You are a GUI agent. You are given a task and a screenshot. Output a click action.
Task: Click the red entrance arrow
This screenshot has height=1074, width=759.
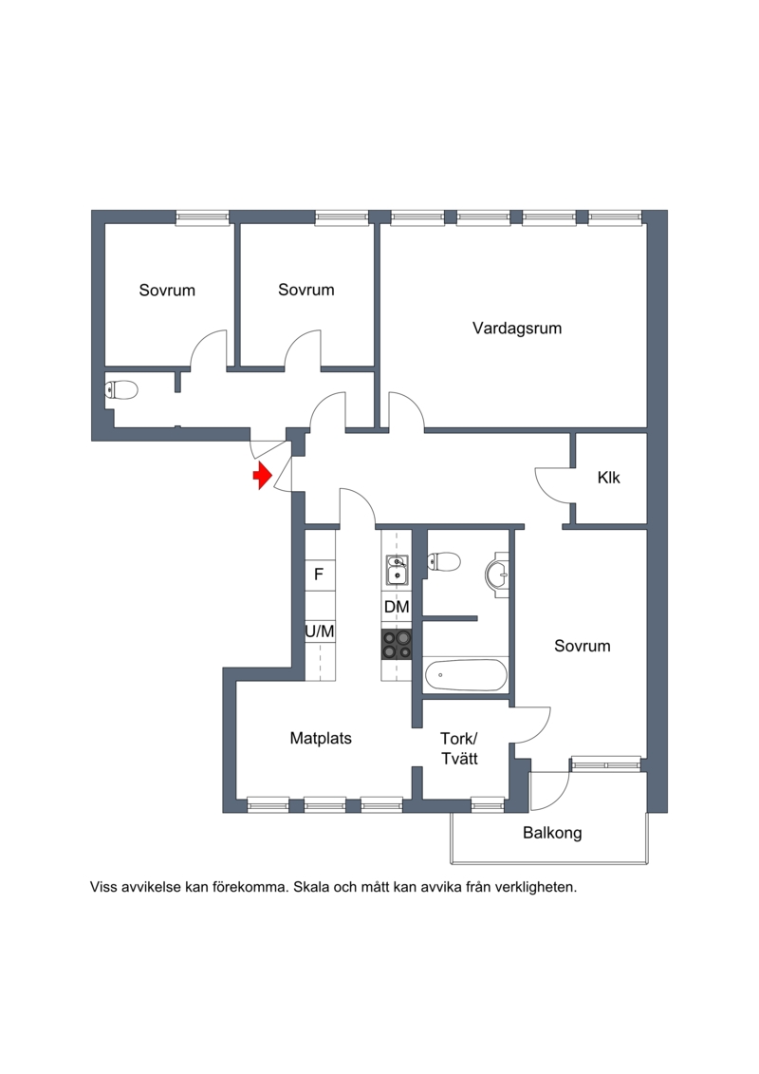point(262,476)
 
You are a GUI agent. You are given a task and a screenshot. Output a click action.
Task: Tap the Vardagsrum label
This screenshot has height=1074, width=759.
point(517,329)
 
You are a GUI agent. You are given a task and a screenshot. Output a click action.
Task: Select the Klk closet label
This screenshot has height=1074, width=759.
point(608,478)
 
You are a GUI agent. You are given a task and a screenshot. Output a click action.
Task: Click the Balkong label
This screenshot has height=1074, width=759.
point(552,834)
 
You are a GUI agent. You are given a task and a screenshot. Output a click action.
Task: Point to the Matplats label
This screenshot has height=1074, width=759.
point(321,739)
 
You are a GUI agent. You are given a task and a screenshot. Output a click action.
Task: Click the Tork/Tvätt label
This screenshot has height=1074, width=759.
point(459,748)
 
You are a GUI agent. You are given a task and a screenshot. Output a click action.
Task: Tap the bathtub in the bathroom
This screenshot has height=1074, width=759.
point(466,675)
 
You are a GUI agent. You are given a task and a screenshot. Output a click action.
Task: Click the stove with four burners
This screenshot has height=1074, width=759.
point(397,645)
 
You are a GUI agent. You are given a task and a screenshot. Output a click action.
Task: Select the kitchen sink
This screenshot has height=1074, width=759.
point(397,570)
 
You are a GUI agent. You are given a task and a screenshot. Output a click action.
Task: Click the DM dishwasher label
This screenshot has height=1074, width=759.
point(397,607)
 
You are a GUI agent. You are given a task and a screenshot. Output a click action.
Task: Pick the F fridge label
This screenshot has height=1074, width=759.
point(319,575)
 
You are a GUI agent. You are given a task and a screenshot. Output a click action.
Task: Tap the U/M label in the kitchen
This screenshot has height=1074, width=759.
point(320,631)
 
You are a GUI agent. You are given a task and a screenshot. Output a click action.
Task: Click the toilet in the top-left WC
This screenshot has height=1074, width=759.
point(121,390)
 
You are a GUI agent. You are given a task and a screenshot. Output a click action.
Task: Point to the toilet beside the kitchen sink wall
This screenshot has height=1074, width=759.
point(443,562)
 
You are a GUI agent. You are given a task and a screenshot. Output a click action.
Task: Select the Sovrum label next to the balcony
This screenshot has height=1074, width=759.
point(583,646)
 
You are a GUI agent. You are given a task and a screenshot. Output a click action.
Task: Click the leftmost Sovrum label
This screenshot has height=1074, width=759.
point(167,291)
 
